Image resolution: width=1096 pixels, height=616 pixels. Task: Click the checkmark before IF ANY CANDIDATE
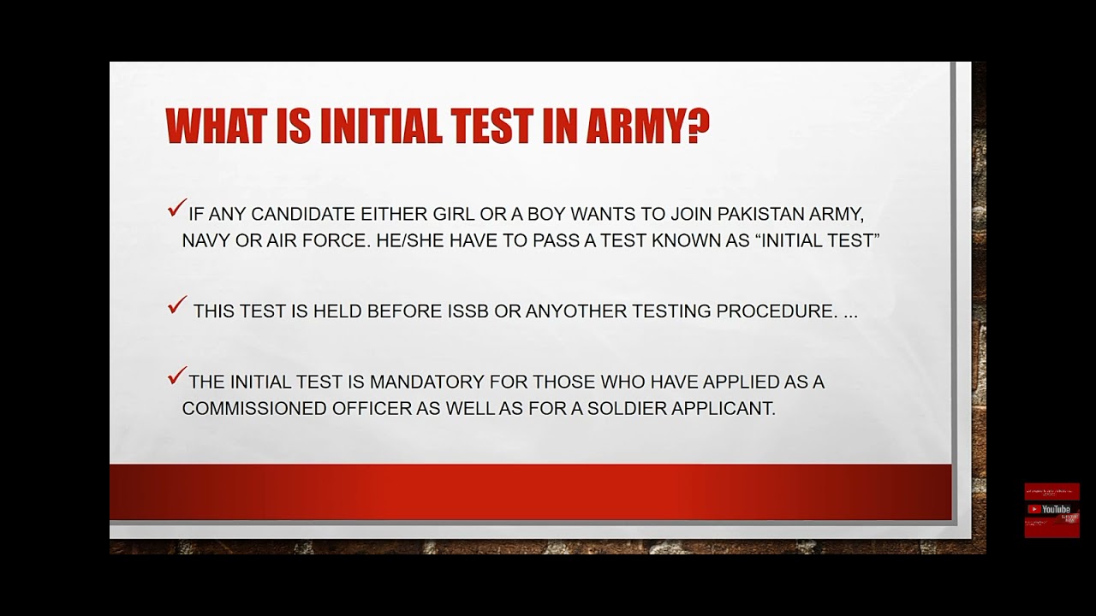point(176,208)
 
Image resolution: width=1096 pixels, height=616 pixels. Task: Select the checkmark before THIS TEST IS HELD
point(176,305)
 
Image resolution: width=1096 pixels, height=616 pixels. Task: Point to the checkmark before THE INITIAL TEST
point(176,376)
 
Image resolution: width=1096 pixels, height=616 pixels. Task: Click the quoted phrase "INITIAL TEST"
point(818,241)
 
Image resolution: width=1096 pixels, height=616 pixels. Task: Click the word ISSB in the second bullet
point(468,311)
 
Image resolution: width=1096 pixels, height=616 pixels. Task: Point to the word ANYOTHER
point(564,311)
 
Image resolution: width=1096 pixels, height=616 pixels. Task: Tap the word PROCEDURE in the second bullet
point(777,311)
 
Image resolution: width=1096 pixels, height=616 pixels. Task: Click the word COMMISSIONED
point(253,409)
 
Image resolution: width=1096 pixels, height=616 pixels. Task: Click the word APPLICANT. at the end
point(724,409)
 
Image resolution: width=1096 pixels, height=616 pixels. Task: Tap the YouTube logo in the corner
point(1051,509)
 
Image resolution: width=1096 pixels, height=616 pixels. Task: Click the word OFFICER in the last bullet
point(372,409)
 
